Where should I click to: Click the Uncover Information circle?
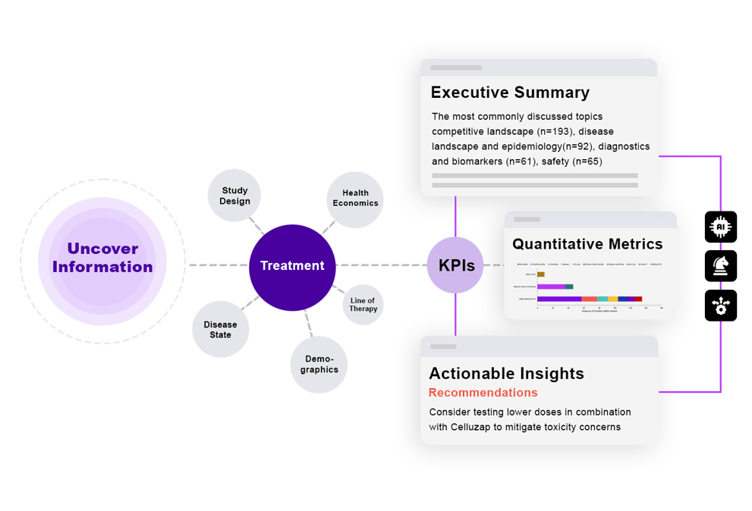coord(102,258)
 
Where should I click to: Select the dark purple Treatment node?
coord(292,266)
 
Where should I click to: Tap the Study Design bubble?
coord(234,196)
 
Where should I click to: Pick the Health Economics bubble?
coord(355,199)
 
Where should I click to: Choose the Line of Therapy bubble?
coord(363,305)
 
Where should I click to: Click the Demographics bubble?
coord(319,365)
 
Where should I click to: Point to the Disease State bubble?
coord(220,330)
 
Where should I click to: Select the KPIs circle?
coord(456,266)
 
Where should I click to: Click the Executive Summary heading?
coord(510,92)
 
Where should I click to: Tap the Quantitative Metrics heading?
coord(587,244)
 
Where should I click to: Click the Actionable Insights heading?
coord(506,373)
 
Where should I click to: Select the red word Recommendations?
coord(483,393)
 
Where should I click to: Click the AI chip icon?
coord(720,227)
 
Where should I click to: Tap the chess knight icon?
coord(720,265)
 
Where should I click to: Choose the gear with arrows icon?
coord(720,305)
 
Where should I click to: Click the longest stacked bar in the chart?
coord(590,299)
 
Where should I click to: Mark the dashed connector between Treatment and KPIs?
coord(379,265)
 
